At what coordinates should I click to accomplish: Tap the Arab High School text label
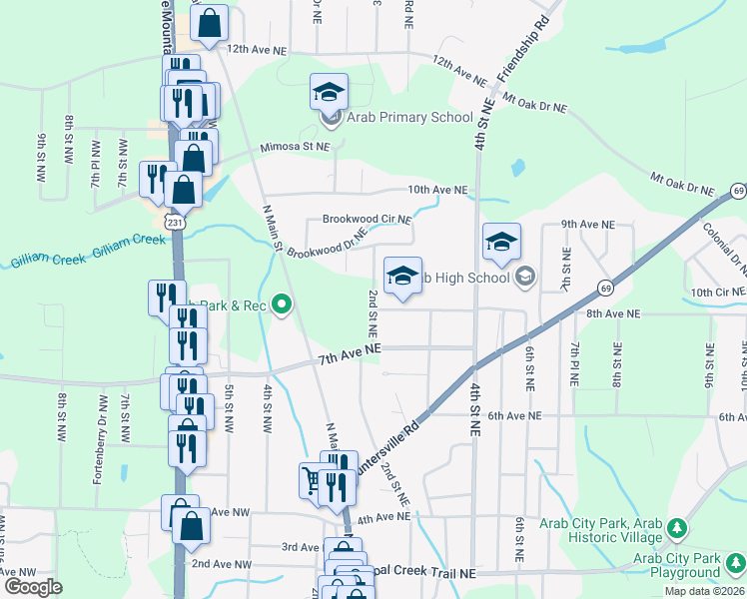pyautogui.click(x=462, y=278)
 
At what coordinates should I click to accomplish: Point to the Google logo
pyautogui.click(x=33, y=587)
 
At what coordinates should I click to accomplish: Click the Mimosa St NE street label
pyautogui.click(x=295, y=148)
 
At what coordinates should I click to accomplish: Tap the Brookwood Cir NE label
pyautogui.click(x=367, y=220)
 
